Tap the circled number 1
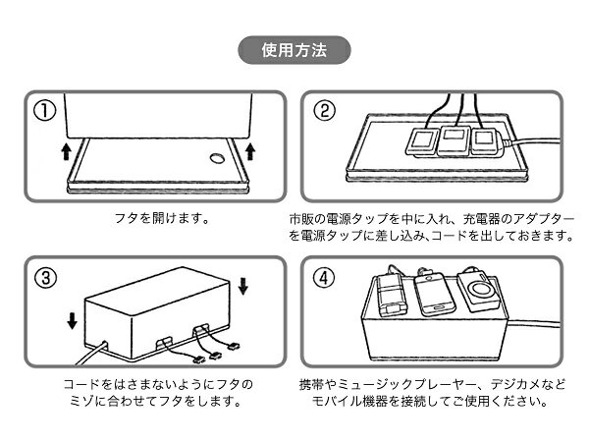[42, 110]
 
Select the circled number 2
[325, 110]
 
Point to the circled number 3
[42, 276]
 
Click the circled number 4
[325, 276]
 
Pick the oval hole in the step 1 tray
[215, 157]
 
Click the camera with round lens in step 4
[480, 294]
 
